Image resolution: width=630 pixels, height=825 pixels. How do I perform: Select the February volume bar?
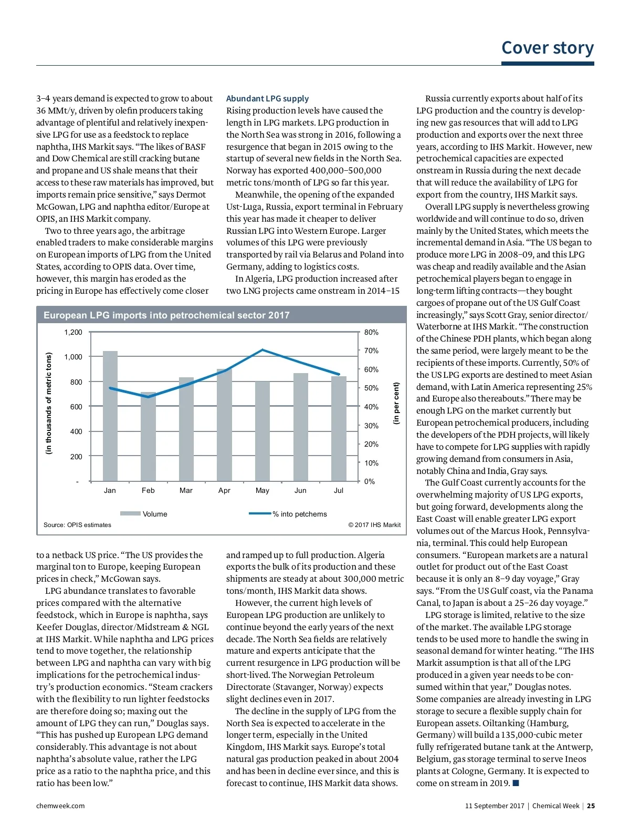tap(148, 436)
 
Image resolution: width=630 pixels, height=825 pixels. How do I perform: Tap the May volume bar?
tap(262, 431)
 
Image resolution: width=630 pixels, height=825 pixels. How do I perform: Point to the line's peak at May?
tap(262, 350)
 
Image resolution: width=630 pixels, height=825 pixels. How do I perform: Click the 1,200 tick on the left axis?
tap(73, 333)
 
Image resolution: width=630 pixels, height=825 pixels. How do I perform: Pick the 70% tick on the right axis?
tap(371, 351)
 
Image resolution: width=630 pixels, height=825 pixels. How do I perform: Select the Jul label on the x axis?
tap(339, 491)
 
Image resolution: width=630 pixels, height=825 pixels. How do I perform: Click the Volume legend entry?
tap(144, 514)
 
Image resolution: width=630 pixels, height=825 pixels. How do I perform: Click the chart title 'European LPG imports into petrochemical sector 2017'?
tap(166, 315)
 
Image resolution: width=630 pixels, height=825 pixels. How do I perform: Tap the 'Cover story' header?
tap(548, 48)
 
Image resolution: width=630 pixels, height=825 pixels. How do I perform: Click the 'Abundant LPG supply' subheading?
tap(267, 99)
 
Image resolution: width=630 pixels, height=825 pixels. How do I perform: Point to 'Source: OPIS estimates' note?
tap(77, 525)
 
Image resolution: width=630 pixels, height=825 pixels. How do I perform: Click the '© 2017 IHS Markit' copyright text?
tap(374, 525)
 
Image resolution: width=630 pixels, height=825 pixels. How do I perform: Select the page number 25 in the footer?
tap(591, 806)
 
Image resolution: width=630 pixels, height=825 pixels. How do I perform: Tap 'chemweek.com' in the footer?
tap(60, 806)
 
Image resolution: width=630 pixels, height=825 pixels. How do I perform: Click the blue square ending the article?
tap(516, 783)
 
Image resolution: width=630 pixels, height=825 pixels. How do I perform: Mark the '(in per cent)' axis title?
tap(396, 403)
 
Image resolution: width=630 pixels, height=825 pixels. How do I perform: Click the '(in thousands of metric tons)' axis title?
tap(49, 403)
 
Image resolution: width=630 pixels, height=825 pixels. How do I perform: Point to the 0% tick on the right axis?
tap(370, 482)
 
